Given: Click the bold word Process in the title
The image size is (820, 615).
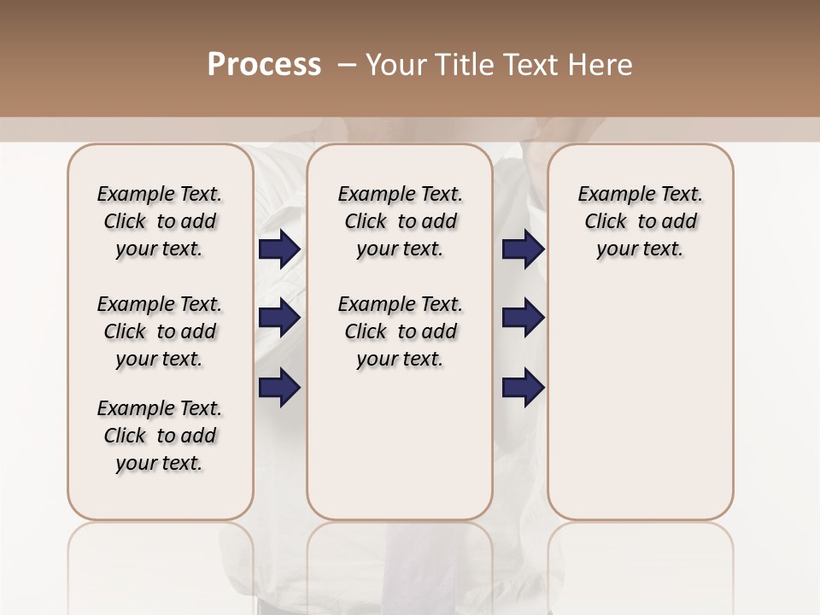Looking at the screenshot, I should pos(264,65).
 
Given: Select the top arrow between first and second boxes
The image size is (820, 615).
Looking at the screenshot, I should pos(279,249).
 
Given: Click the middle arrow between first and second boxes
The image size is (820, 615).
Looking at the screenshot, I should pos(279,318).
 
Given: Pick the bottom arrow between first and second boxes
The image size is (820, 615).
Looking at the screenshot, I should pos(279,387).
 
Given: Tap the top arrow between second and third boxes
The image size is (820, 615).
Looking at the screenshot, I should pos(523,249).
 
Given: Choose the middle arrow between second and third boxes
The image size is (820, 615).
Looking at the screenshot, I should pos(523,318).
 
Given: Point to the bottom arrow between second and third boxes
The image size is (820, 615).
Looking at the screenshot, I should pos(523,387).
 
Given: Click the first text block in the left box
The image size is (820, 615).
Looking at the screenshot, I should pos(160,221).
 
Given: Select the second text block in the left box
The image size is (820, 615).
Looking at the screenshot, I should pos(160,331).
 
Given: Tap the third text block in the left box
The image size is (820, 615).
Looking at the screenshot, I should pos(160,436).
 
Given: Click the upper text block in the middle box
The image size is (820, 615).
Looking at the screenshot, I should pos(401,221).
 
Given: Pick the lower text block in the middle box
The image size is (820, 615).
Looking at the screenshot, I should pos(401,331).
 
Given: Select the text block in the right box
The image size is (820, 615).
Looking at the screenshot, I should pos(641,221).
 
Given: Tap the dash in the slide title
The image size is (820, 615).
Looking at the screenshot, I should pos(347,65).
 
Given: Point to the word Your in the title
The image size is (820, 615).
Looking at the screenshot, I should pos(392,65).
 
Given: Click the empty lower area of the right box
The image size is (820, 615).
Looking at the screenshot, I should pos(641,401).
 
